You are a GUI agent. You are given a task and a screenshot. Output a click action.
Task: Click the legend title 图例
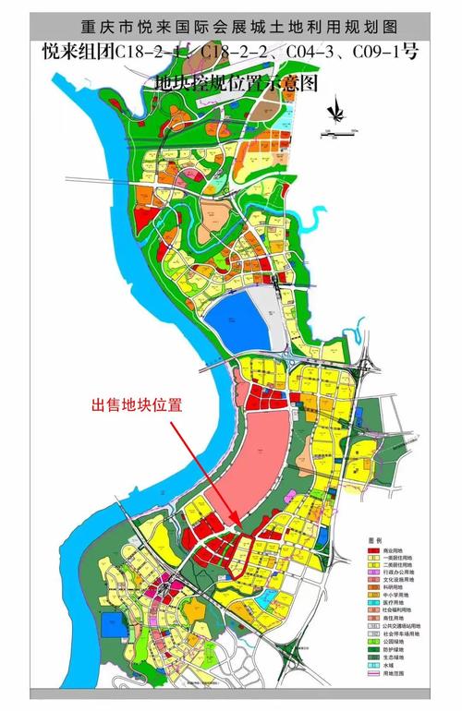374,540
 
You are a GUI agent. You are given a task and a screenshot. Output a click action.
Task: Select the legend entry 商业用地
395,552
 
